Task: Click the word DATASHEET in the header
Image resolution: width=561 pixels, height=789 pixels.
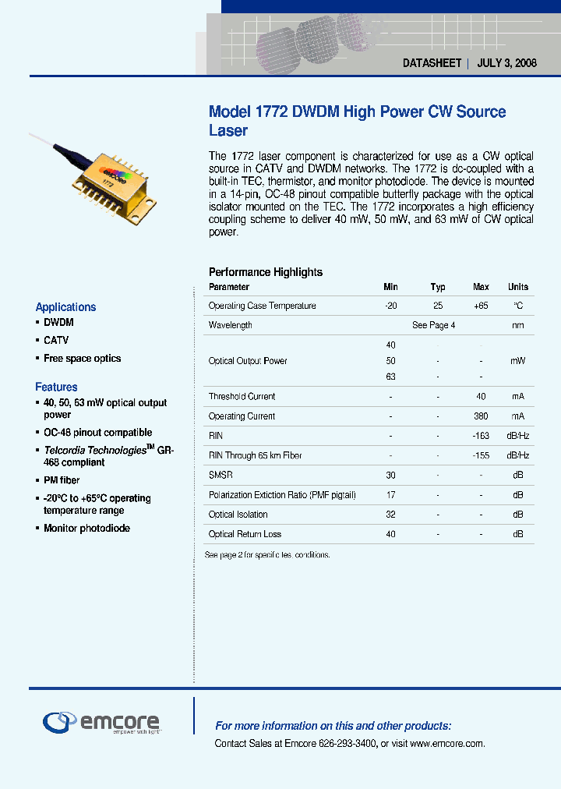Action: [x=432, y=64]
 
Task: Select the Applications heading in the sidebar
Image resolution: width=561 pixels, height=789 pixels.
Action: [x=65, y=307]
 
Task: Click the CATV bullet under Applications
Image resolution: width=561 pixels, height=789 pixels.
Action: [x=56, y=341]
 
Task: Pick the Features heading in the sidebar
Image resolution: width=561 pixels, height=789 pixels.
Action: [x=56, y=387]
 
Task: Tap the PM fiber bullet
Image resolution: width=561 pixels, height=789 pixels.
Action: [x=62, y=480]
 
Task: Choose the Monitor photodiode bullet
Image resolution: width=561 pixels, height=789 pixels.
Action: [x=86, y=528]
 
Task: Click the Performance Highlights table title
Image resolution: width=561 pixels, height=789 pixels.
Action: [x=265, y=272]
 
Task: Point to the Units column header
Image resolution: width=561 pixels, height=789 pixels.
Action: [x=517, y=287]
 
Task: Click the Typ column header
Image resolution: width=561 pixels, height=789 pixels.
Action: [x=438, y=287]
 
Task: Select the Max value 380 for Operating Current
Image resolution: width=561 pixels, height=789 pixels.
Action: [x=481, y=416]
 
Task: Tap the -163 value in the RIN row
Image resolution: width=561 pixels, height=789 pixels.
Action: [x=481, y=436]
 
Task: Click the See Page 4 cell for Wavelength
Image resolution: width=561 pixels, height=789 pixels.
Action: [x=433, y=325]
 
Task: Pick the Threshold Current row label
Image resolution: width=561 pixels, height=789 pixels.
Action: [x=242, y=397]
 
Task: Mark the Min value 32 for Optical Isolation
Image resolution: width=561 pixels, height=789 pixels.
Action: [x=390, y=515]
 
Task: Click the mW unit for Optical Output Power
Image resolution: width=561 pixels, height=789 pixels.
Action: [x=517, y=361]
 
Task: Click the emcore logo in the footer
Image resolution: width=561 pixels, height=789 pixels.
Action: [x=101, y=724]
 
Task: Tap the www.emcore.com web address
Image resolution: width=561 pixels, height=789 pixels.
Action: [x=446, y=744]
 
